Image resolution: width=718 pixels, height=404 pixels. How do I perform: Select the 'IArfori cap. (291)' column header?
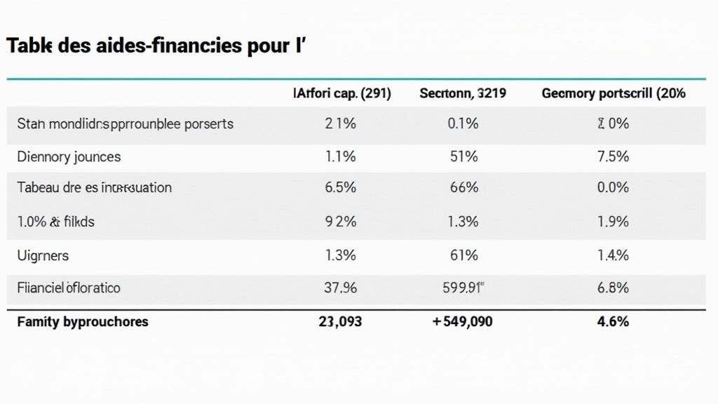coord(341,93)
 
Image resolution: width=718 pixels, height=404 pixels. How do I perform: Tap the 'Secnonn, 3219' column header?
coord(463,93)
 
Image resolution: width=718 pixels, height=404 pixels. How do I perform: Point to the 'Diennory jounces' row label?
coord(69,156)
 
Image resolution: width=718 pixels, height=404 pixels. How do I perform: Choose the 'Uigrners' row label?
coord(43,255)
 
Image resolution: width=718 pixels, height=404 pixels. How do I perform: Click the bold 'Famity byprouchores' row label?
coord(83,322)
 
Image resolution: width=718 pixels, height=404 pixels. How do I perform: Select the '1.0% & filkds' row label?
coord(55,222)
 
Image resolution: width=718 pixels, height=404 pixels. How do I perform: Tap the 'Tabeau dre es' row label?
coord(94,188)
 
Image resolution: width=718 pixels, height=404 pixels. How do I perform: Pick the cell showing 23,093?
coord(341,322)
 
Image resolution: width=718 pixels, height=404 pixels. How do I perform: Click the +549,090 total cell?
coord(463,322)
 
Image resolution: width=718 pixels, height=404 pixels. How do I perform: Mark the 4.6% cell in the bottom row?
coord(614,322)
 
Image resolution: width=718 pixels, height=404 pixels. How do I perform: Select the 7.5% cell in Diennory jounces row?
coord(614,156)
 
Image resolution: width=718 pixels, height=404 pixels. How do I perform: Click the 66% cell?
coord(463,188)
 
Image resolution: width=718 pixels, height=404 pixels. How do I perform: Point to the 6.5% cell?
coord(341,188)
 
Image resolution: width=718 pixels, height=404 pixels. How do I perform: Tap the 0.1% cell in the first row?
coord(463,123)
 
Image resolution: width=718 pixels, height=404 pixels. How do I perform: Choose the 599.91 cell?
coord(463,288)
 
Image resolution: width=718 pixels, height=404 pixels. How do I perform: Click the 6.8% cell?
coord(614,288)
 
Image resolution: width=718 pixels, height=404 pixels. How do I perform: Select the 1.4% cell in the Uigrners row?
coord(614,255)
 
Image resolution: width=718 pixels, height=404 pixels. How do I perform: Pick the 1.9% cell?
coord(614,222)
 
